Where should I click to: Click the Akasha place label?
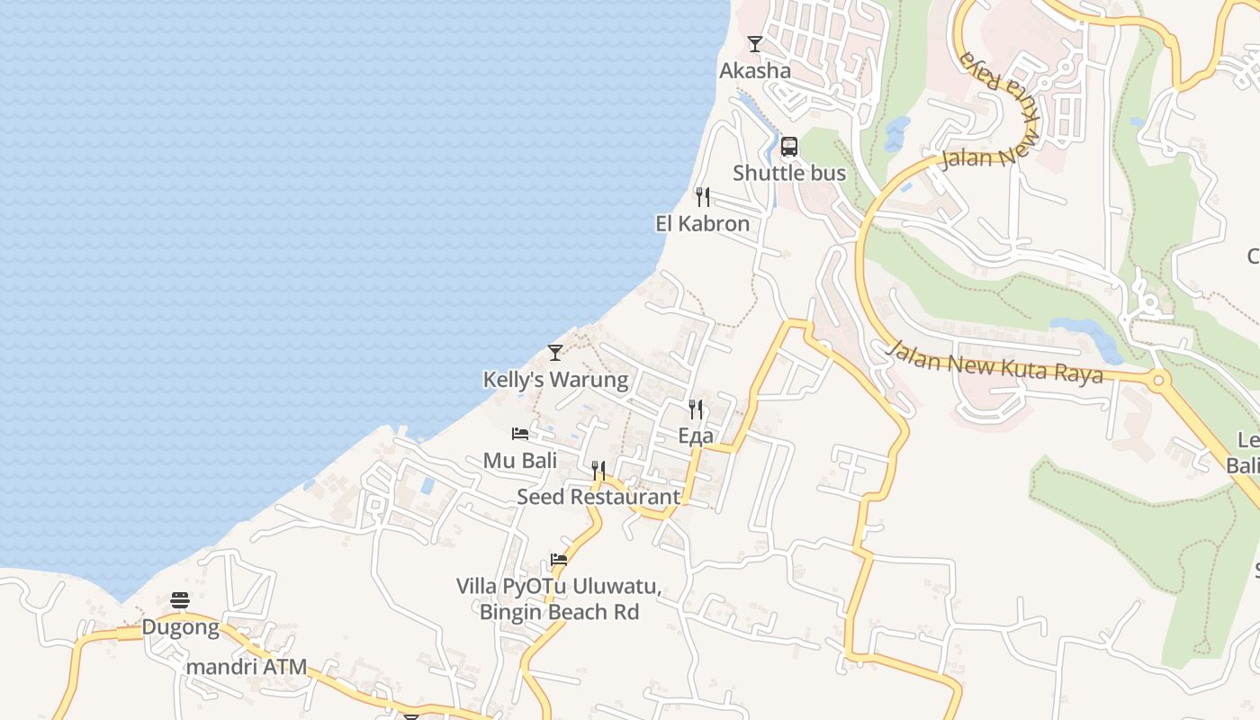755,70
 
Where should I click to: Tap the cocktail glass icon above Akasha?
755,43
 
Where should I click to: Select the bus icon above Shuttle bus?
789,146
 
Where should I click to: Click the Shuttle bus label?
789,173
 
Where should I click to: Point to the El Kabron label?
702,223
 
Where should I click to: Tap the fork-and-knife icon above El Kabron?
703,196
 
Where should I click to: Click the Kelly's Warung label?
555,379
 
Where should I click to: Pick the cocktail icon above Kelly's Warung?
555,352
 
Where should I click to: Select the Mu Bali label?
520,460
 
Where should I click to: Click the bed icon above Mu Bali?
520,433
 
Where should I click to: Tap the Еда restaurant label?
696,436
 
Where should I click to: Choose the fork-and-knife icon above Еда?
696,409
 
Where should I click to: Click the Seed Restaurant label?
598,496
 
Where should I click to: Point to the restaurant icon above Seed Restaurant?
598,470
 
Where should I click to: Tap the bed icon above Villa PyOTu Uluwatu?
559,559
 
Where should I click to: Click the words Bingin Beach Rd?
559,612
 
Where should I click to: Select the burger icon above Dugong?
180,600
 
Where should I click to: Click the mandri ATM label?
247,667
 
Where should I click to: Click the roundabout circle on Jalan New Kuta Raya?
1157,381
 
